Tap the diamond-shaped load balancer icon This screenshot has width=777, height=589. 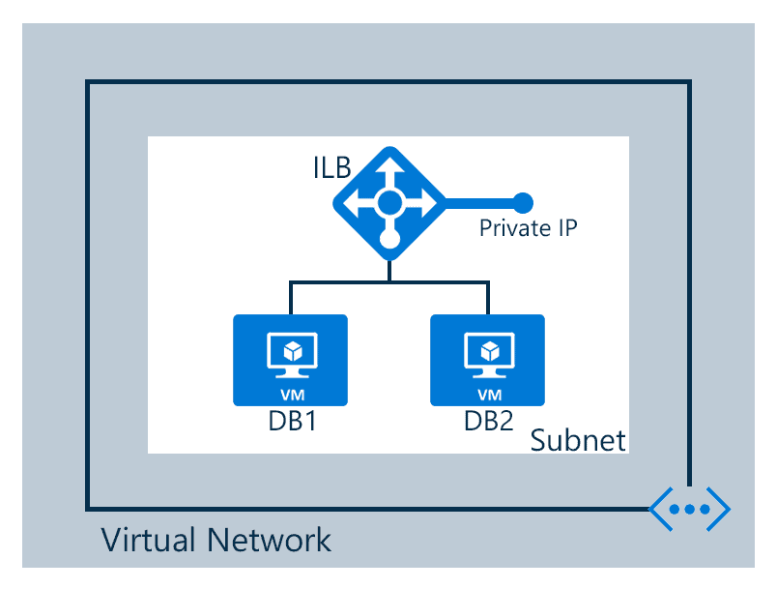coord(388,203)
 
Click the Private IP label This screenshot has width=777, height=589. coord(529,228)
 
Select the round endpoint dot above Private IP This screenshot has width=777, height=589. coord(523,202)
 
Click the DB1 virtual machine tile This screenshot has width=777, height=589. coord(290,360)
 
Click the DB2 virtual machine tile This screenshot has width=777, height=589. coord(487,360)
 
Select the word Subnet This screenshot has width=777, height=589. coord(578,440)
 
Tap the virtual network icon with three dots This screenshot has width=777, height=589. coord(689,509)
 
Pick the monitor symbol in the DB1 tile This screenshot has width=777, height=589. coord(290,355)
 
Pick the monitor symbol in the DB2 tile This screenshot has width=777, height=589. coord(488,355)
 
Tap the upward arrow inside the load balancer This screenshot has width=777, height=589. coord(388,170)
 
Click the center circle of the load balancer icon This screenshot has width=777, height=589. coord(388,203)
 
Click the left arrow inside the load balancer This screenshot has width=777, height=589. coord(356,203)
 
